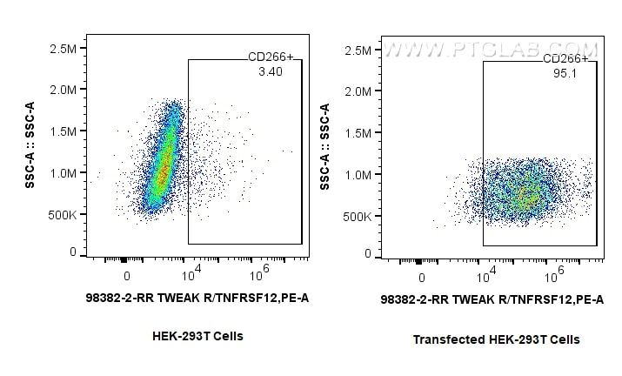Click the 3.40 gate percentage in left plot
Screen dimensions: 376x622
[x=270, y=72]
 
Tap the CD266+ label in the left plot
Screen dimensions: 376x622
[x=271, y=58]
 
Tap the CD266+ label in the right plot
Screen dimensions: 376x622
[x=565, y=59]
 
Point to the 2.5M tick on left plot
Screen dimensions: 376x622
[x=63, y=48]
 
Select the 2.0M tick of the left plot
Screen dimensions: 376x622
[x=63, y=90]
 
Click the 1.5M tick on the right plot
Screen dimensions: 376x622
[x=358, y=132]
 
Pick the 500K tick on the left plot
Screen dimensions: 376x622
[x=61, y=213]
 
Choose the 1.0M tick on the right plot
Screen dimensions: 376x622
[x=358, y=174]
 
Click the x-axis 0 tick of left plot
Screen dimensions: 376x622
[x=127, y=276]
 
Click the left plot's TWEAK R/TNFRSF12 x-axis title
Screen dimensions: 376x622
[x=197, y=298]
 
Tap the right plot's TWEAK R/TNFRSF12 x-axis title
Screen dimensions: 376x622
[x=492, y=299]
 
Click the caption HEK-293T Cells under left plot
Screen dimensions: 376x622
[x=197, y=336]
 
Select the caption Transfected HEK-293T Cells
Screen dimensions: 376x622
[x=496, y=339]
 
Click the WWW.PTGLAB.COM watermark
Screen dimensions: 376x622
[x=492, y=50]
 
